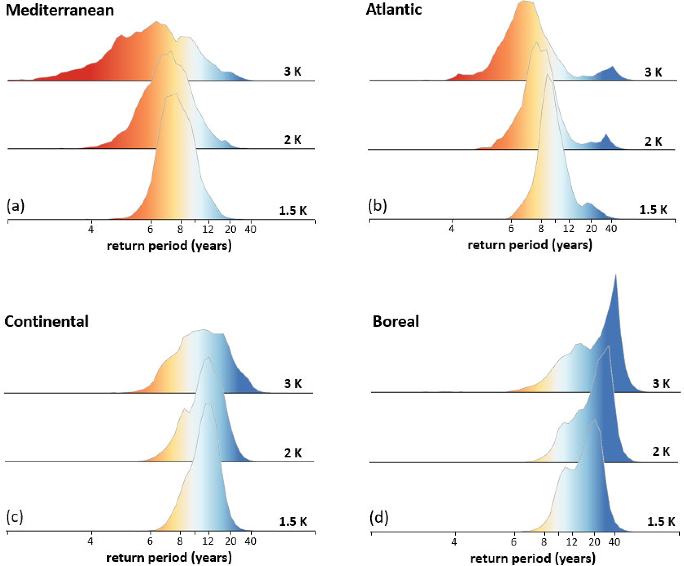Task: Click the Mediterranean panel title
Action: [60, 10]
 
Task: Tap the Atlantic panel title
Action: [393, 9]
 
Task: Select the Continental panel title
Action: [46, 321]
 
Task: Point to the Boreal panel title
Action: [395, 321]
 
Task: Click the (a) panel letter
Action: [15, 206]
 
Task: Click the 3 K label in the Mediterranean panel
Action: [293, 72]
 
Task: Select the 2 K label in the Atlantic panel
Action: [653, 141]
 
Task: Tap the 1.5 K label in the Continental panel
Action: [293, 522]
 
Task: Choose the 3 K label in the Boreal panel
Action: [661, 384]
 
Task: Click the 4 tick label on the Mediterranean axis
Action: [91, 229]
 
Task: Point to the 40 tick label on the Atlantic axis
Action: [611, 229]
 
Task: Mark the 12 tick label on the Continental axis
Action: [208, 541]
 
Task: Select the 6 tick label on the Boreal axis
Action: [514, 542]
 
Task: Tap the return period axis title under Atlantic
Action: [529, 245]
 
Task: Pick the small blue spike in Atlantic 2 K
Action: [606, 135]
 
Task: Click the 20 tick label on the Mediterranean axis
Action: [231, 229]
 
